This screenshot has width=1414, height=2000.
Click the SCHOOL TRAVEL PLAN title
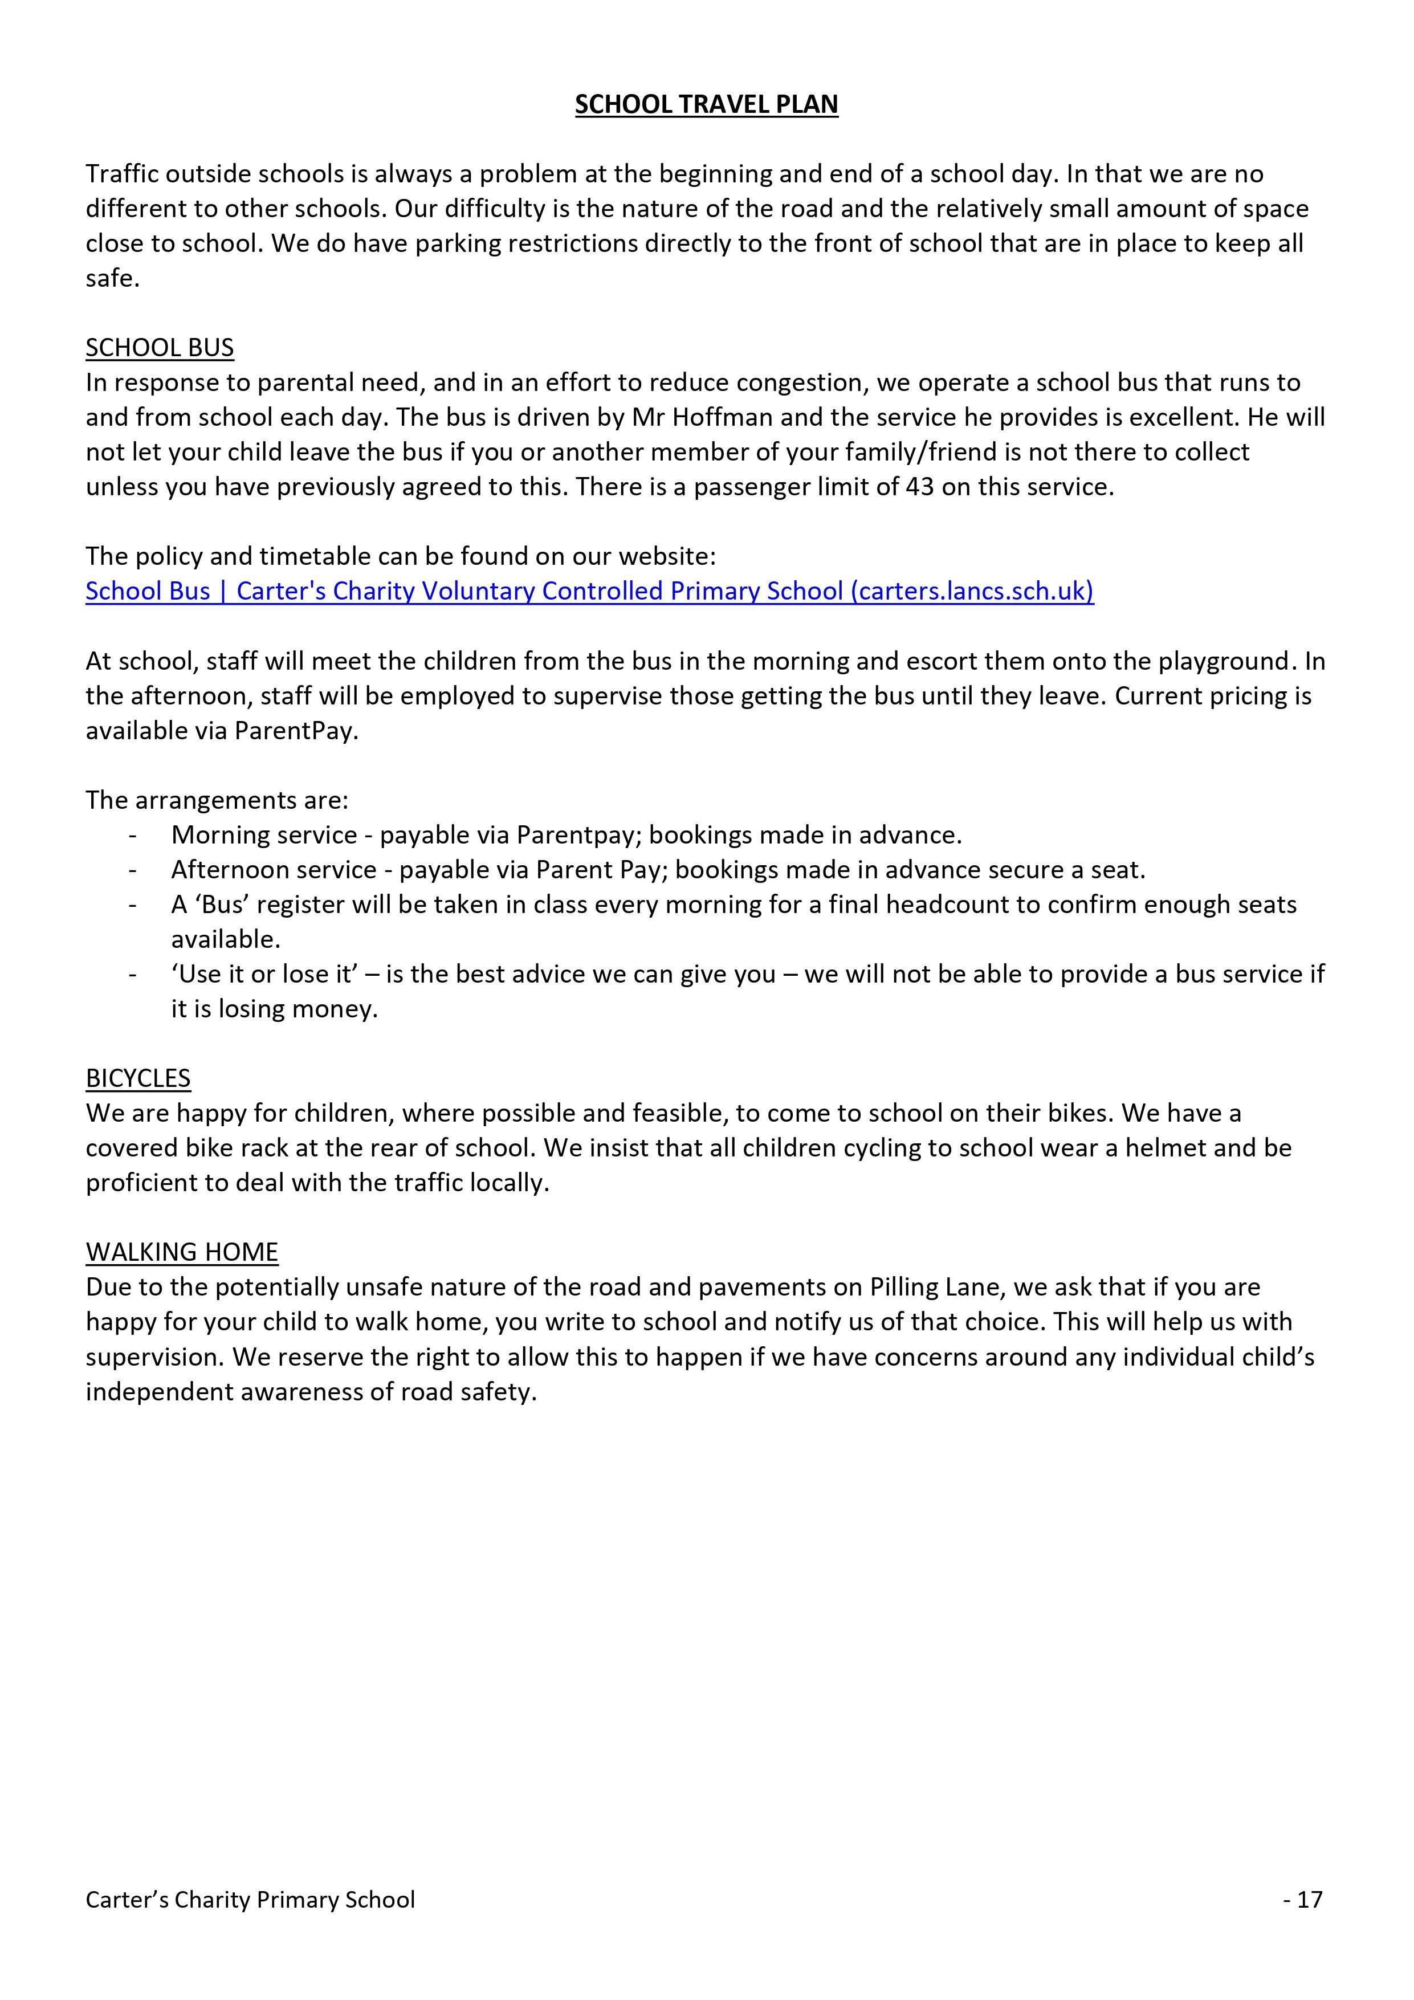pyautogui.click(x=706, y=104)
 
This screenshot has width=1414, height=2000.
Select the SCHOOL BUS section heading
pyautogui.click(x=160, y=348)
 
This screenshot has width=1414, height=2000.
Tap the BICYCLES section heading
pyautogui.click(x=138, y=1078)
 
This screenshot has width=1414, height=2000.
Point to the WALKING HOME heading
pyautogui.click(x=181, y=1252)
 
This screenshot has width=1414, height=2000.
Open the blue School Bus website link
pyautogui.click(x=589, y=592)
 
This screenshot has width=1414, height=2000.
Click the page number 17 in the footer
pyautogui.click(x=1310, y=1899)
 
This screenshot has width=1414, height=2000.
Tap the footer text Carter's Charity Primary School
pyautogui.click(x=250, y=1899)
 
